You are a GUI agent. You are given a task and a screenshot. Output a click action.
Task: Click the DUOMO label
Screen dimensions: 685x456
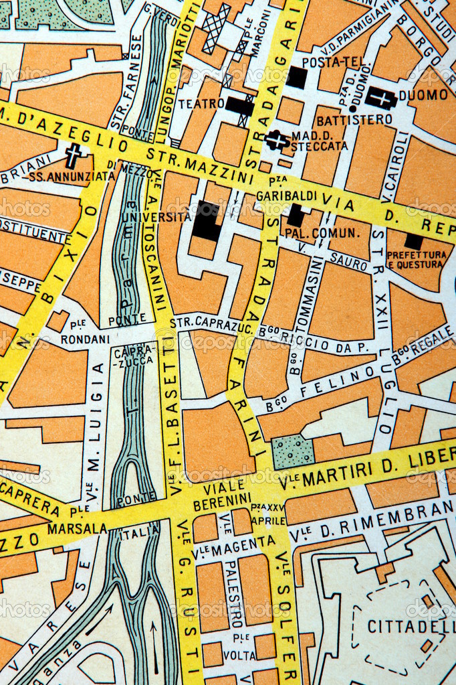coord(423,95)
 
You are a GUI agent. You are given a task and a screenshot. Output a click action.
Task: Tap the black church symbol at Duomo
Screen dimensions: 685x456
coord(381,98)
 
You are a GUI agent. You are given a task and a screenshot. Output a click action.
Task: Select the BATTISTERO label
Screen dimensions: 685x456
coord(354,120)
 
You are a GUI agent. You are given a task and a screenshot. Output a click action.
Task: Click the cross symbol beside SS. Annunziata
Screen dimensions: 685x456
coord(73,157)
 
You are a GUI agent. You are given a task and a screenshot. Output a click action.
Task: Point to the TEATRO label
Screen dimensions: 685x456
coord(201,104)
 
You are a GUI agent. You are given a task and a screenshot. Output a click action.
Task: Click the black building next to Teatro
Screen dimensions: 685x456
coord(239,106)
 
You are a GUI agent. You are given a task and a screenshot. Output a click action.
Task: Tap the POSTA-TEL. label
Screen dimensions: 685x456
coord(326,62)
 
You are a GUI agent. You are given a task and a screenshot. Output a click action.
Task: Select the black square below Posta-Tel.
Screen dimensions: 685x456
coord(296,78)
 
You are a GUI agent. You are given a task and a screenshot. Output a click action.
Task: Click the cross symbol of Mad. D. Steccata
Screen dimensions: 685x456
coord(276,140)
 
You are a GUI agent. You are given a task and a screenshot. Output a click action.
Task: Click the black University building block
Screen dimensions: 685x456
coord(206,222)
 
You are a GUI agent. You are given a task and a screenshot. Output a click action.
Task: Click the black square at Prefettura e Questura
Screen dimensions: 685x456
coord(414,241)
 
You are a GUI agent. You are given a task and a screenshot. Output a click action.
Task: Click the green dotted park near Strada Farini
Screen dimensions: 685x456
coord(293,452)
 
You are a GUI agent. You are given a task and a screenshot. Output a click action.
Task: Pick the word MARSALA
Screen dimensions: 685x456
coord(77,529)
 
